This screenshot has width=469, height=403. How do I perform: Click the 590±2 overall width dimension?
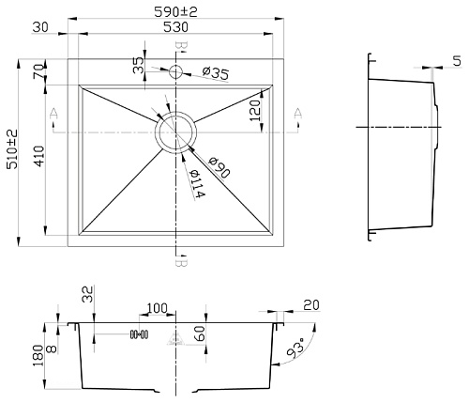coord(176,12)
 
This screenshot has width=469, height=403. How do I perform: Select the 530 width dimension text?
coord(176,27)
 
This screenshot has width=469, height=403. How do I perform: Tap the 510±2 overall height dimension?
coord(13,150)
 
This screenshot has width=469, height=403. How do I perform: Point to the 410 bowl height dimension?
coord(39,156)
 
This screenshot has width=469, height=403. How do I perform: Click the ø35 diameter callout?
coord(216,73)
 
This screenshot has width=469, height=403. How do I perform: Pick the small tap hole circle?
coord(175,71)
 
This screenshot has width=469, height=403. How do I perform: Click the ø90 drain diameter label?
coord(219,168)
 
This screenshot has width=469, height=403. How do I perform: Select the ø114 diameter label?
coord(197,184)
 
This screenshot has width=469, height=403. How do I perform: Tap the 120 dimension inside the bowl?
coord(255,111)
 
